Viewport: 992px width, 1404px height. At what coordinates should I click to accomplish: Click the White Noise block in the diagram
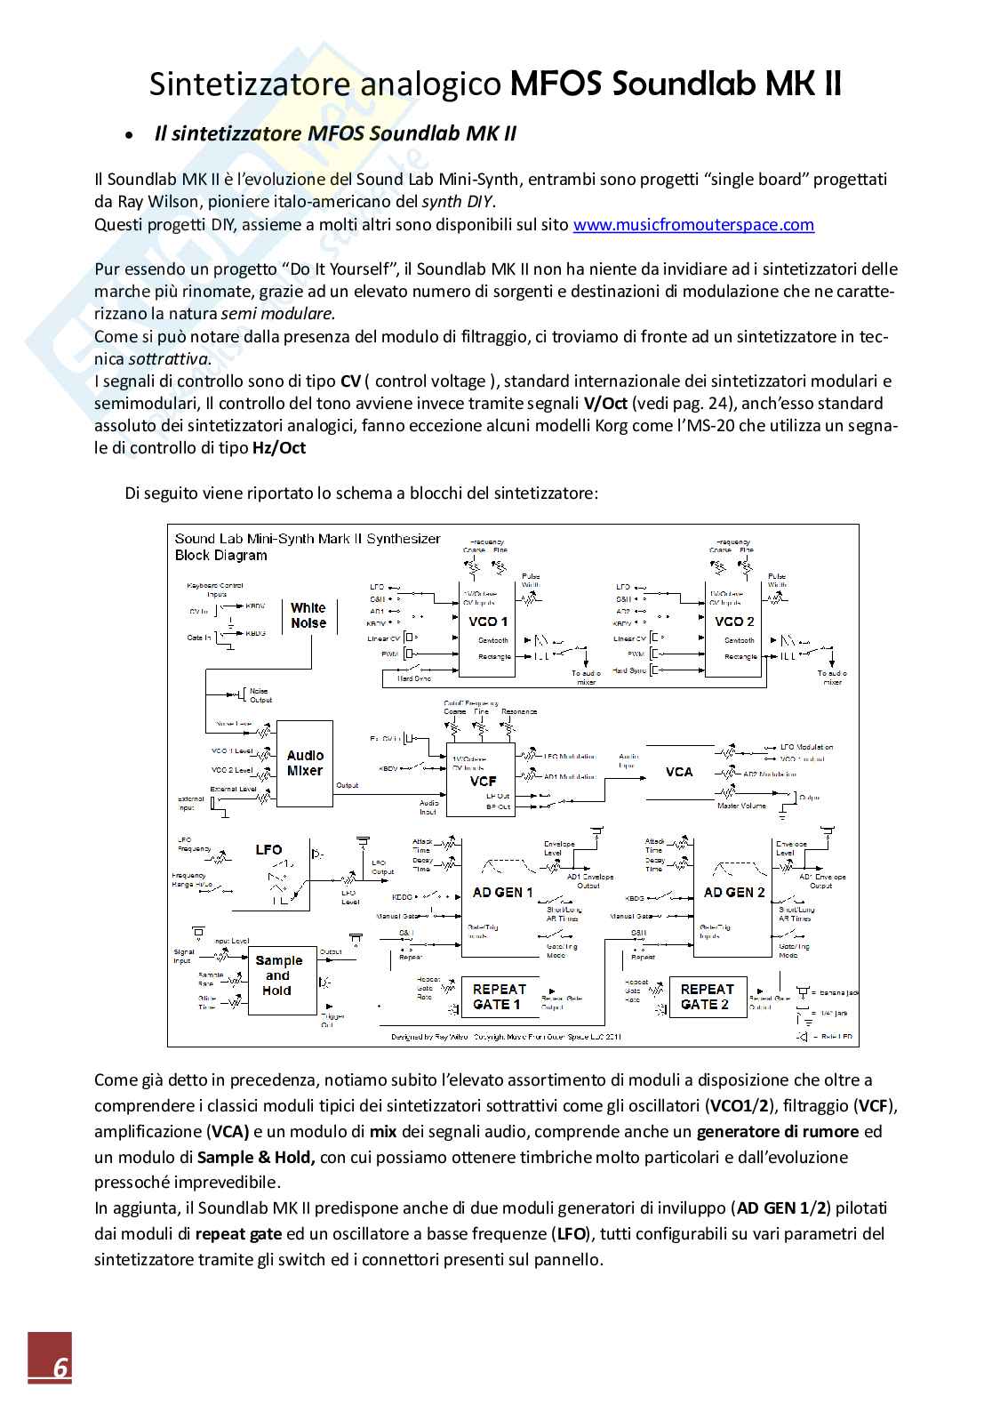tap(308, 615)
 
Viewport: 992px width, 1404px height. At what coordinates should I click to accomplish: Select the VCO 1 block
tap(488, 622)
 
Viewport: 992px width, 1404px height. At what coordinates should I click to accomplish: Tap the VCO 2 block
tap(734, 622)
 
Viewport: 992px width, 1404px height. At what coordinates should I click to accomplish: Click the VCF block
tap(483, 781)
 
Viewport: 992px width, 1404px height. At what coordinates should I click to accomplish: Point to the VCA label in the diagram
tap(679, 772)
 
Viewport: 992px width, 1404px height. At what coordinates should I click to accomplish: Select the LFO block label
tap(268, 850)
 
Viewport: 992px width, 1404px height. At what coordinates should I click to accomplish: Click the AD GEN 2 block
tap(734, 892)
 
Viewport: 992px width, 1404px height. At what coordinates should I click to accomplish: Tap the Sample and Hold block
tap(278, 975)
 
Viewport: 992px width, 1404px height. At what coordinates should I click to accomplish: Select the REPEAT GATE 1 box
tap(499, 996)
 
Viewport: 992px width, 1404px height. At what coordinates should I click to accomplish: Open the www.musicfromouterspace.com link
tap(693, 225)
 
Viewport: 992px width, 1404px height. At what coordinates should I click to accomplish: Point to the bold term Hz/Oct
tap(278, 448)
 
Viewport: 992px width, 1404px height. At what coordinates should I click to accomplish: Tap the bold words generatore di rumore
tap(777, 1133)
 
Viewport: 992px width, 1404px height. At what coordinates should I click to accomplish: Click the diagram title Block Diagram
tap(220, 556)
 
